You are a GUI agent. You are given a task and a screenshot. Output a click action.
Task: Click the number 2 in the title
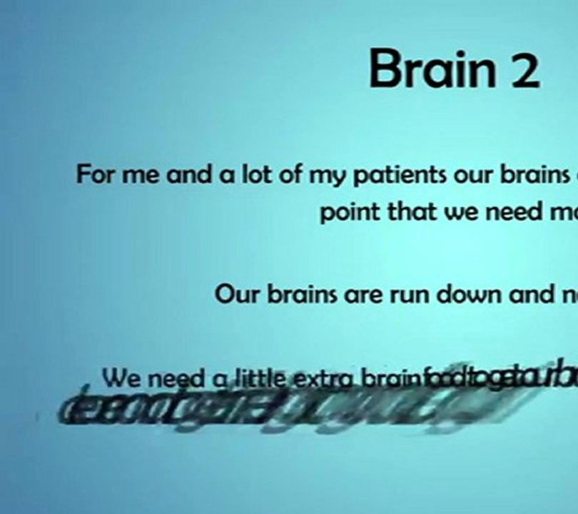click(x=524, y=71)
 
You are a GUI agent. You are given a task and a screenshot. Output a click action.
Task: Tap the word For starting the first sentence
click(x=97, y=174)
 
